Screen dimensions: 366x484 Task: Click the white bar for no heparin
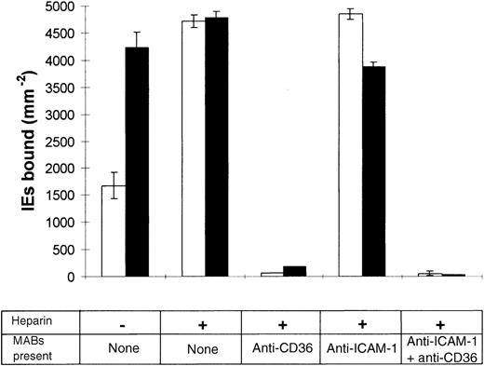coord(114,231)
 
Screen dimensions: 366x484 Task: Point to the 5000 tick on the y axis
coord(65,7)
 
